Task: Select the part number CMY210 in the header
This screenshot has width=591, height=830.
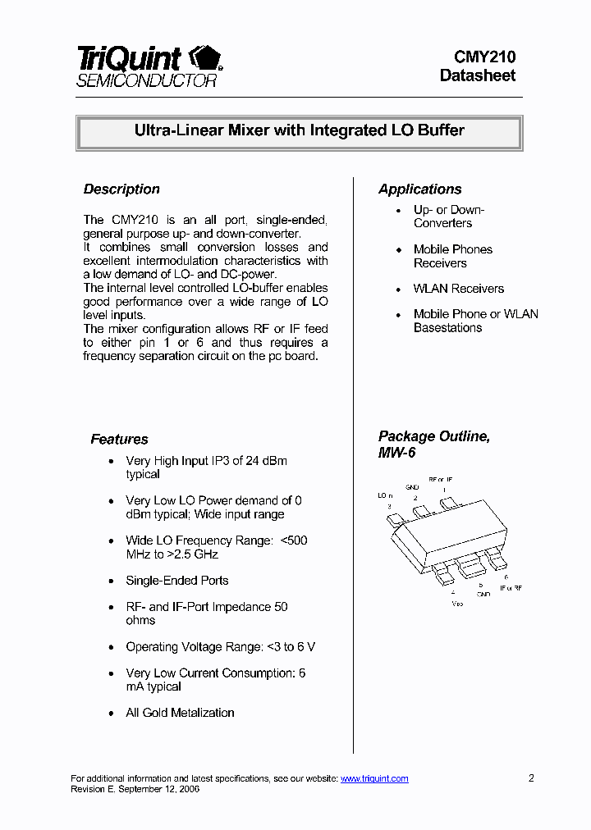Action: (x=484, y=57)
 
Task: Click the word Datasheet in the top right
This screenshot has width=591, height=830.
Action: (x=478, y=75)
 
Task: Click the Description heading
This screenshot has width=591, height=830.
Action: (x=121, y=189)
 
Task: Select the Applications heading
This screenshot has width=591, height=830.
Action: (x=419, y=189)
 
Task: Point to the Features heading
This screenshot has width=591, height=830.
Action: (x=119, y=440)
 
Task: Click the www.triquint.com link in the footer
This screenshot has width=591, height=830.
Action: (x=374, y=778)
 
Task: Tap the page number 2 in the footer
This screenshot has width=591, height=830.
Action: (x=531, y=778)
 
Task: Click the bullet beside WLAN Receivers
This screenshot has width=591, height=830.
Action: (x=398, y=290)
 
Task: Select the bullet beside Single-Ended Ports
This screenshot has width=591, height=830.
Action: (x=112, y=581)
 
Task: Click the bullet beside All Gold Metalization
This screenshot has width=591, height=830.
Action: (x=112, y=714)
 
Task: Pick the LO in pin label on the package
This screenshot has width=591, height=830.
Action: (x=385, y=495)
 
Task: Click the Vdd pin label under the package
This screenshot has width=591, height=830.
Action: (x=457, y=603)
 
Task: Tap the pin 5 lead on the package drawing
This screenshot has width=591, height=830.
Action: (x=470, y=566)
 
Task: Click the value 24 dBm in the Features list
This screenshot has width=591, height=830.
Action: (x=268, y=461)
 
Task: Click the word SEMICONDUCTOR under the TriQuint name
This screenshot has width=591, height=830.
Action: (x=146, y=80)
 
